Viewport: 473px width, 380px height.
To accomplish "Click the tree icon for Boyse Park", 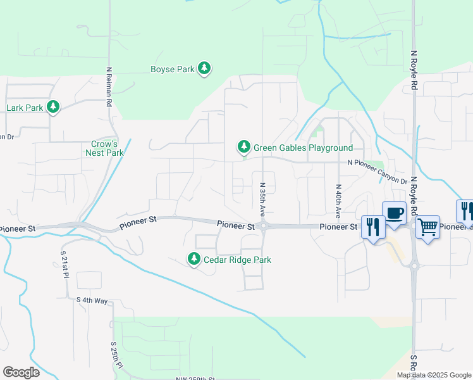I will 204,68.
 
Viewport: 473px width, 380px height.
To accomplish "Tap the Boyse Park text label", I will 172,70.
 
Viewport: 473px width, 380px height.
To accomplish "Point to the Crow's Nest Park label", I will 104,148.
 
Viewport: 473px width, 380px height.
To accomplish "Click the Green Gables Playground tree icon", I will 243,147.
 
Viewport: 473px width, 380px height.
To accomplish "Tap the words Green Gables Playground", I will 303,148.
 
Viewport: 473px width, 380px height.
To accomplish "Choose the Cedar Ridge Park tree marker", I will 193,258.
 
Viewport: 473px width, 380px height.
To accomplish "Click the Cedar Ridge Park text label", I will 237,260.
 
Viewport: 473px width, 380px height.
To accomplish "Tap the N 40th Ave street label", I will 338,201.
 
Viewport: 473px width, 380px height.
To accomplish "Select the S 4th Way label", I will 92,300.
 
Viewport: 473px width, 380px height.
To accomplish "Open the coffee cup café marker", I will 394,213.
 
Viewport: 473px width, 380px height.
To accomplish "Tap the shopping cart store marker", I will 427,227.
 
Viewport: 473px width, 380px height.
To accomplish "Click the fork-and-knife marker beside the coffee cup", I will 372,227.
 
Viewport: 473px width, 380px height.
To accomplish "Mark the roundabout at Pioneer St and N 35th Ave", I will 263,226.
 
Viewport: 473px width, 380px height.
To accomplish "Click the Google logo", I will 21,372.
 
